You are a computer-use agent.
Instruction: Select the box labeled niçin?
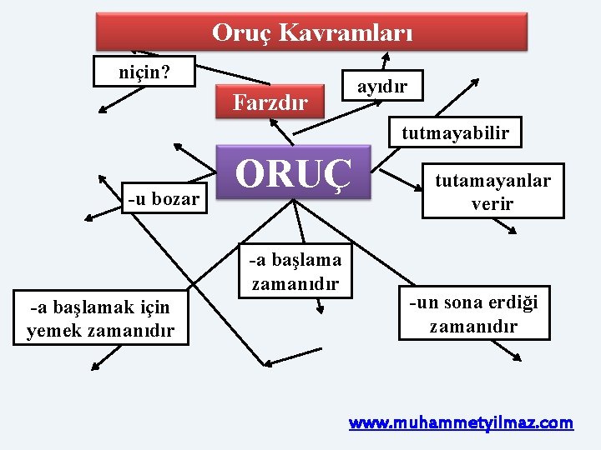click(144, 72)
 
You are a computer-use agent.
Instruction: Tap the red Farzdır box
click(270, 102)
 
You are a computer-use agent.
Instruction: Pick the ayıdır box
click(381, 86)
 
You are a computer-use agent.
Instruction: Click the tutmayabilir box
click(455, 132)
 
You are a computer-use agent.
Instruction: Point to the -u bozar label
click(164, 198)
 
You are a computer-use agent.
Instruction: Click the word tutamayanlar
click(492, 181)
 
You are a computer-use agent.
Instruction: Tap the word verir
click(492, 203)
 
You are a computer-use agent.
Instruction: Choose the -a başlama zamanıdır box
click(295, 271)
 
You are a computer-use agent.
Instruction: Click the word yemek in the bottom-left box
click(57, 331)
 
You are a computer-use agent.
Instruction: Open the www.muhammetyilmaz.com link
click(461, 422)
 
